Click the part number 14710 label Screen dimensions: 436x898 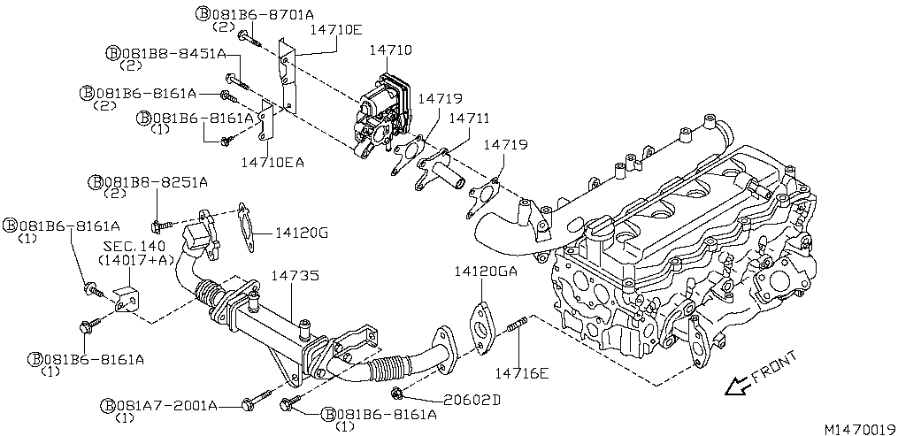(x=390, y=51)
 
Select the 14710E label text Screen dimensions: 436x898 (x=335, y=29)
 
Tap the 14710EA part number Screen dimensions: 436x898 (x=273, y=162)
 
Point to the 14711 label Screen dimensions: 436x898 (x=470, y=118)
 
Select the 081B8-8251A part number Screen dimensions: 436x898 (x=155, y=182)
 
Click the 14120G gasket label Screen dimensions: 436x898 (x=302, y=233)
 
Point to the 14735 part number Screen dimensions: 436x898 (x=295, y=276)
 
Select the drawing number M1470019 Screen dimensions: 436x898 (x=859, y=428)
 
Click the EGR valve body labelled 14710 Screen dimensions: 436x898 (x=385, y=111)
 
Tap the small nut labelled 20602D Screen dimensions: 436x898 (x=398, y=392)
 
